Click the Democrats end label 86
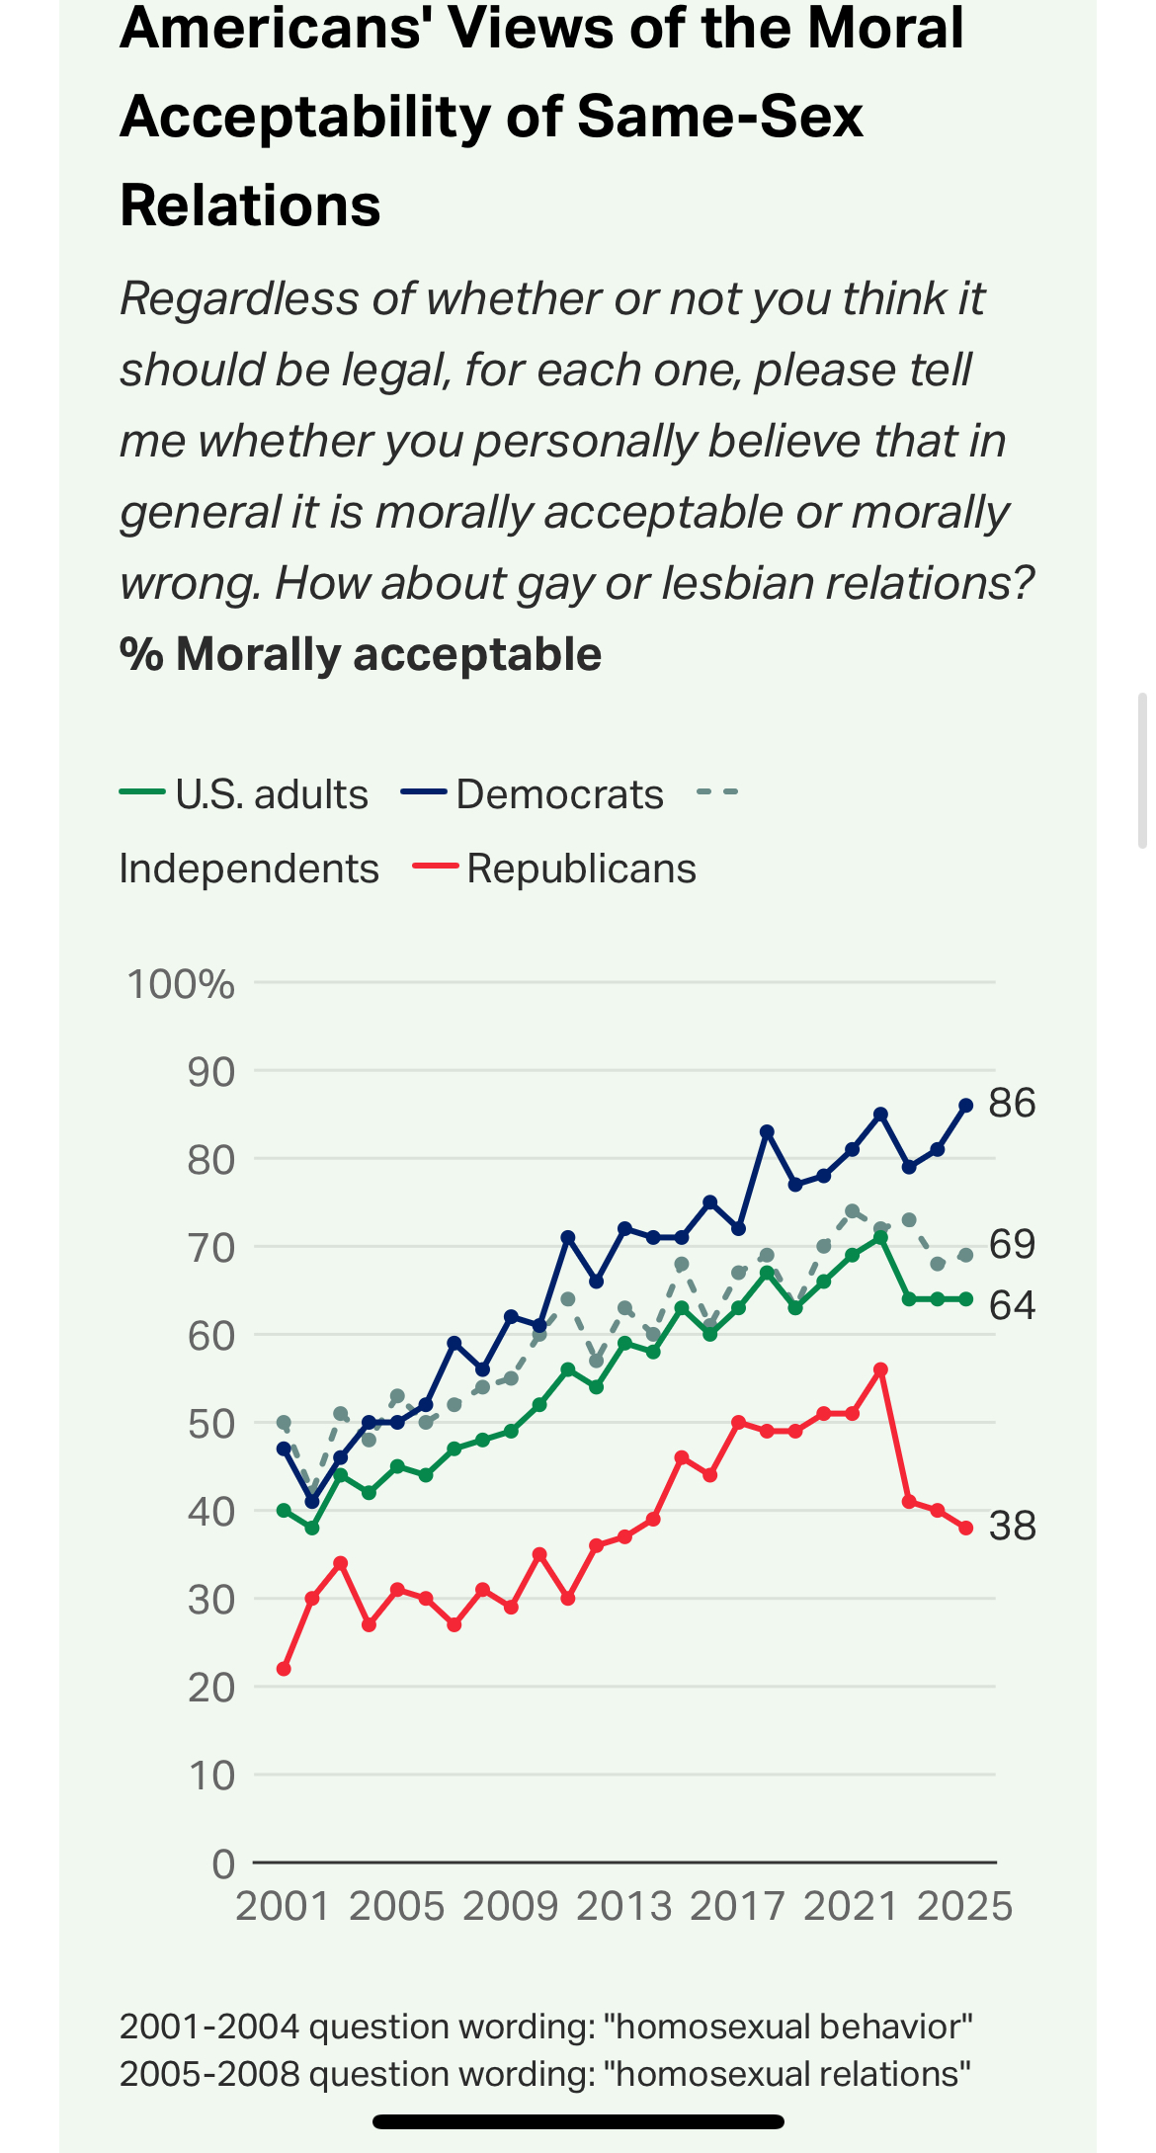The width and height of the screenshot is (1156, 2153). coord(1012,1103)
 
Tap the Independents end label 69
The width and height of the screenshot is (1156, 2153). coord(1012,1244)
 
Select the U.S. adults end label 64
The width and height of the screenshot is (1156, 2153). coord(1012,1305)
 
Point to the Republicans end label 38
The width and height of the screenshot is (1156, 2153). coord(1012,1526)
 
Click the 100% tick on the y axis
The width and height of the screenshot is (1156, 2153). coord(181,984)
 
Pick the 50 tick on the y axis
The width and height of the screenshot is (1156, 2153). coord(210,1424)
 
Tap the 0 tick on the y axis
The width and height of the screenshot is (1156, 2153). coord(223,1863)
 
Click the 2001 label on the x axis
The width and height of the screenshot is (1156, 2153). coord(283,1906)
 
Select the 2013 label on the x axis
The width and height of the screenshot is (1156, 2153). coord(624,1906)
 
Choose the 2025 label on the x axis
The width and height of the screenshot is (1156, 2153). coord(965,1906)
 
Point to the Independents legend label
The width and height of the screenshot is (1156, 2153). coord(249,869)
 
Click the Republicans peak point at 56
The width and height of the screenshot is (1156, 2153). coord(880,1369)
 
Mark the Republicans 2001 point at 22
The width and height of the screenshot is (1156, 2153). coord(284,1669)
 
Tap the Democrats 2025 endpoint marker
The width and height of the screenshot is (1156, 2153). coord(965,1106)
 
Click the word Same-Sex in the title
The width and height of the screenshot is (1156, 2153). coord(719,117)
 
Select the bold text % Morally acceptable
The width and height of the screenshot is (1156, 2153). coord(361,654)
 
